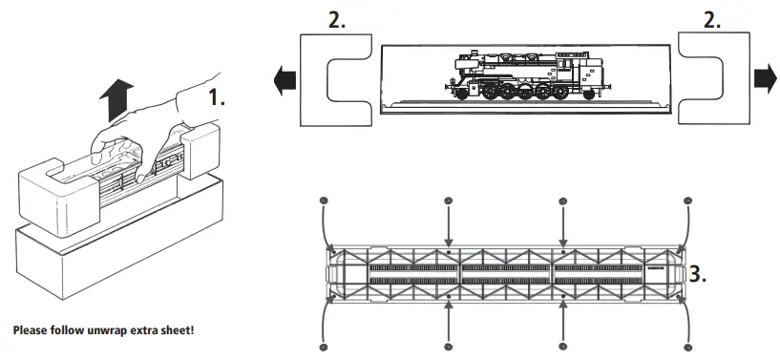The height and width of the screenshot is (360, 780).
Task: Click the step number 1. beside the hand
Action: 219,96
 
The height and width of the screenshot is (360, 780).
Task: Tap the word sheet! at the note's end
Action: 179,330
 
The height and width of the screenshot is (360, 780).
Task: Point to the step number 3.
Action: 698,275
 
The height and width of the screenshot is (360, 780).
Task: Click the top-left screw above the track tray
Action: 324,201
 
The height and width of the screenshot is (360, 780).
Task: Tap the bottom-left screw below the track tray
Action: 324,347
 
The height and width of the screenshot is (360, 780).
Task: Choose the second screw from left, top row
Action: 449,201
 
